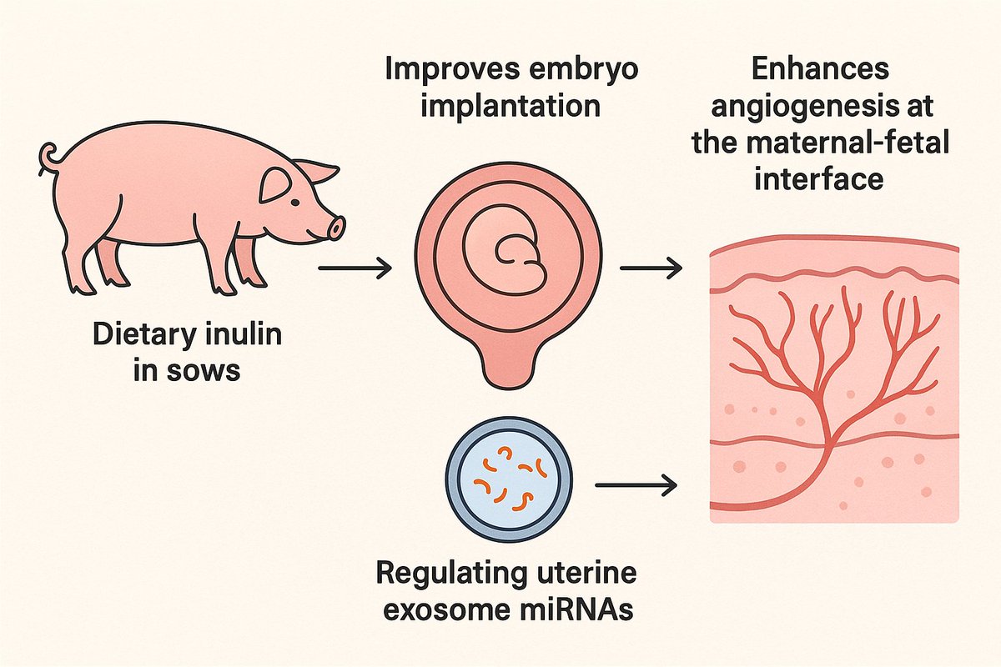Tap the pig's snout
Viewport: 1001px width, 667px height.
335,227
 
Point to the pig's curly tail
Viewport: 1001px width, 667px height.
49,157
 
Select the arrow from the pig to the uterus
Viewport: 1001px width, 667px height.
355,268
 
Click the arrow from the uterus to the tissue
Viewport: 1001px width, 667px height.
651,268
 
